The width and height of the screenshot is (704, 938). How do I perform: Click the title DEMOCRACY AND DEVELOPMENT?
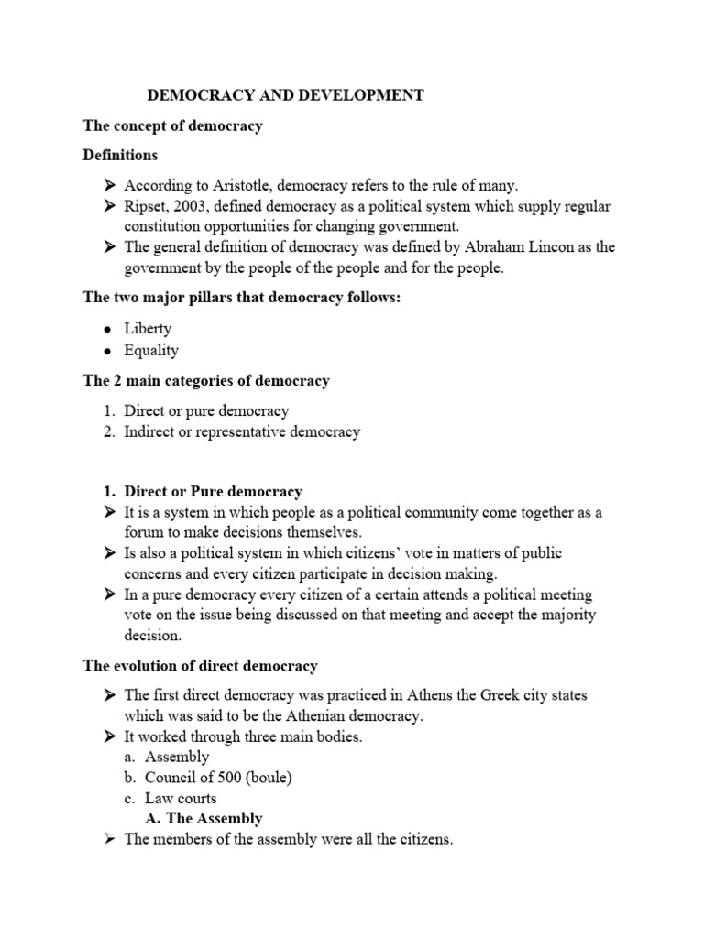(285, 95)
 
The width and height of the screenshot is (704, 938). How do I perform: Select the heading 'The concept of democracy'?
(172, 125)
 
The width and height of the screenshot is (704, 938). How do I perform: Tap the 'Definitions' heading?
(120, 155)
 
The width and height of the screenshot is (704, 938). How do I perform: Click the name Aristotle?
(224, 184)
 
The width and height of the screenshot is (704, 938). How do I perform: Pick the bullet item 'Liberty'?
(148, 328)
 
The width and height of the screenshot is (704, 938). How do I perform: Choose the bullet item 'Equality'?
(151, 350)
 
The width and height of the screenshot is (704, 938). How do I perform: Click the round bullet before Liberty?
(108, 329)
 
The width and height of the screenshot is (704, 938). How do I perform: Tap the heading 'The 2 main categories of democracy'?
(206, 380)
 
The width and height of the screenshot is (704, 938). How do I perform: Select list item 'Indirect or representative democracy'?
(242, 431)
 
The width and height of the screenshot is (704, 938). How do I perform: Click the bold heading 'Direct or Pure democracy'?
(213, 492)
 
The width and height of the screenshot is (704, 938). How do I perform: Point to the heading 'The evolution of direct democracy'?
(200, 666)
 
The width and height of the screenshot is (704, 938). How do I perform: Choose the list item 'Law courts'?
(180, 798)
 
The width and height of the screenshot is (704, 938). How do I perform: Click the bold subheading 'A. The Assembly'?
(203, 818)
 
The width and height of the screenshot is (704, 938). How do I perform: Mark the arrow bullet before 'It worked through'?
(107, 736)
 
